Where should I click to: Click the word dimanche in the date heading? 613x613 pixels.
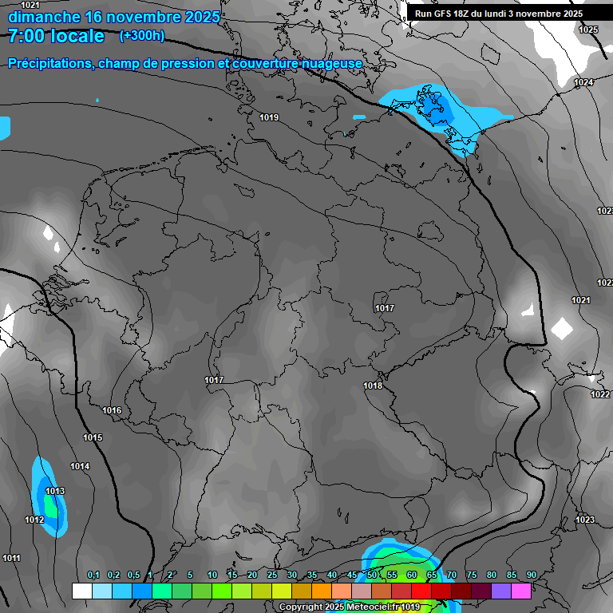pyautogui.click(x=43, y=17)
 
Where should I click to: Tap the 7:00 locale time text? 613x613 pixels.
pyautogui.click(x=56, y=36)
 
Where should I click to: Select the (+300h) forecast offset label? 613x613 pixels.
pyautogui.click(x=142, y=36)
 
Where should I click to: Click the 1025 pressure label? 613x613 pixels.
pyautogui.click(x=588, y=30)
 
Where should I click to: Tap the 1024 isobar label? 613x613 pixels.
pyautogui.click(x=583, y=83)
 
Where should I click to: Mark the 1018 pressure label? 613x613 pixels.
pyautogui.click(x=373, y=386)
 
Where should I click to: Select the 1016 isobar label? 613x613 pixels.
pyautogui.click(x=112, y=411)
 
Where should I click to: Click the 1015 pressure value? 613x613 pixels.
pyautogui.click(x=93, y=438)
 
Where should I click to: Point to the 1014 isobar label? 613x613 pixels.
pyautogui.click(x=80, y=467)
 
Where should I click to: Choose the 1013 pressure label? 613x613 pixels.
pyautogui.click(x=55, y=491)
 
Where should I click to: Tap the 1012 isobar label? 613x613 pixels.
pyautogui.click(x=34, y=520)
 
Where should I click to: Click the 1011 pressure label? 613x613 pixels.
pyautogui.click(x=11, y=558)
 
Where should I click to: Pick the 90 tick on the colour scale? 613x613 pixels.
pyautogui.click(x=531, y=575)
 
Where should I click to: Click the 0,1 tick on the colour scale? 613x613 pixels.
pyautogui.click(x=93, y=575)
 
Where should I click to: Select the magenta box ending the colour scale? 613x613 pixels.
pyautogui.click(x=521, y=591)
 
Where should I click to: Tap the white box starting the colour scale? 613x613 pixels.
pyautogui.click(x=81, y=591)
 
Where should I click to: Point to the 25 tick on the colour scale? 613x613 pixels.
pyautogui.click(x=272, y=575)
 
